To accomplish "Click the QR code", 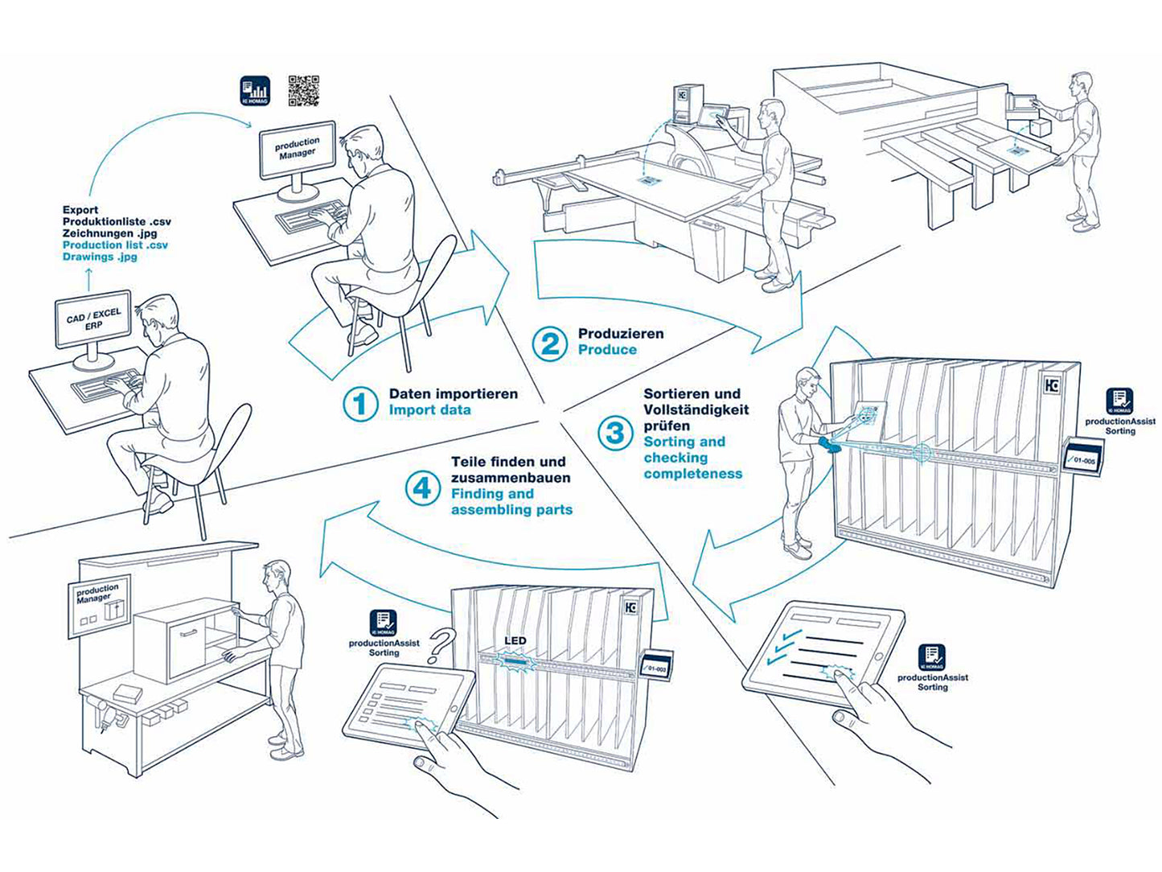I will (303, 91).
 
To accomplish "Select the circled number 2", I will (551, 343).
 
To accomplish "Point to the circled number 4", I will (422, 487).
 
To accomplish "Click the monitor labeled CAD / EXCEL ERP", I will (93, 319).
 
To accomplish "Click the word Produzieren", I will (621, 333).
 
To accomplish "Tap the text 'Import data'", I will (430, 410).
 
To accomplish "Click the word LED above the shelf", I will (515, 641).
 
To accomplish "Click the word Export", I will (80, 209).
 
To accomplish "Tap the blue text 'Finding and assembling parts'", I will (511, 502).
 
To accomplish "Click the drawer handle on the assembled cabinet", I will (190, 634).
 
